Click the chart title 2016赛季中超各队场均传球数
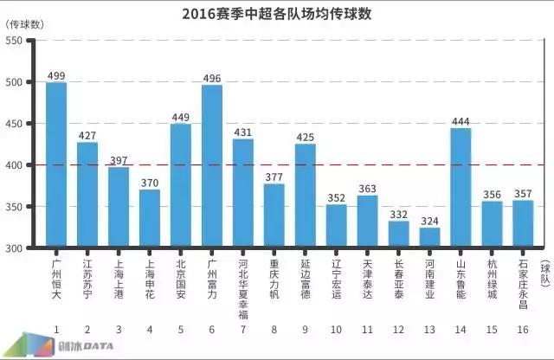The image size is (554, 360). [277, 15]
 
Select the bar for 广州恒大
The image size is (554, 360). [56, 164]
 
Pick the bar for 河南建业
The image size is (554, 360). [430, 238]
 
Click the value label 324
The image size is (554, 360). [430, 221]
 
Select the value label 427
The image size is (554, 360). [87, 136]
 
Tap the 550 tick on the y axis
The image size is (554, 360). [16, 41]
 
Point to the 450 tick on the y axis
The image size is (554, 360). [16, 124]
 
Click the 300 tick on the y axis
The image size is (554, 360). [16, 248]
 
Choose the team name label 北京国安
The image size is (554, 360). [181, 277]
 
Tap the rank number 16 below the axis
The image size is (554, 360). [524, 329]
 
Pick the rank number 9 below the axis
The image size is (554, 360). [306, 329]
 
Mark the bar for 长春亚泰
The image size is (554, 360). [399, 235]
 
